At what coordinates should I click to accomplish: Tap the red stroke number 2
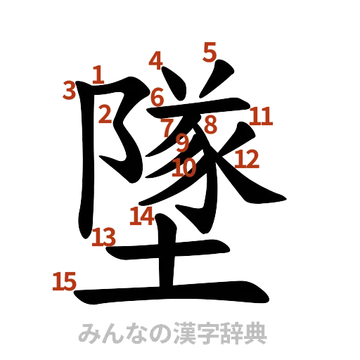[x=105, y=113]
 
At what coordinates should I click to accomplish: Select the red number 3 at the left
[x=69, y=89]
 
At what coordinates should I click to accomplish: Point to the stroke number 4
[x=156, y=61]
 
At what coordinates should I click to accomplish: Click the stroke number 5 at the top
[x=210, y=50]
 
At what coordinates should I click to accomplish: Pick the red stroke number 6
[x=157, y=96]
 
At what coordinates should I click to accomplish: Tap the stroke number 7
[x=168, y=127]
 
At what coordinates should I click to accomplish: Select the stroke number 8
[x=210, y=124]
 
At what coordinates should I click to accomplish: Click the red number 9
[x=182, y=143]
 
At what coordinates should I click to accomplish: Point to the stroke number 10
[x=184, y=167]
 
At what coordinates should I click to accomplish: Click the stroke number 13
[x=104, y=237]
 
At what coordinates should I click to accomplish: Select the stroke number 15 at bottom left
[x=64, y=282]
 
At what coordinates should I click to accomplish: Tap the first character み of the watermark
[x=89, y=334]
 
